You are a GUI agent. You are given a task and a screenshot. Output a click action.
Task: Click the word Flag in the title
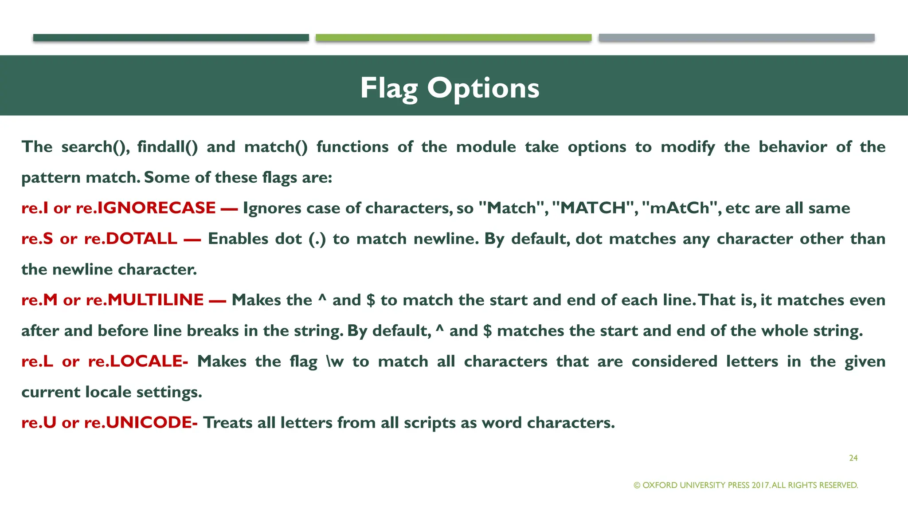[388, 88]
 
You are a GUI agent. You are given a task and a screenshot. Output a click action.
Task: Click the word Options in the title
[483, 88]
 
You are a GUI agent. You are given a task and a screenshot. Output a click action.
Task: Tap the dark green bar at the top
[171, 38]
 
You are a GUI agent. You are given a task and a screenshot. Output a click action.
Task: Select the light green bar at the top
[453, 38]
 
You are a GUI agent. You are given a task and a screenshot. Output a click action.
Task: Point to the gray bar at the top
[736, 38]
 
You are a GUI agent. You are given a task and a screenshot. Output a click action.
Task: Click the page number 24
[853, 458]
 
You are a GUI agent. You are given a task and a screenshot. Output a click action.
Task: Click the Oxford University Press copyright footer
[746, 485]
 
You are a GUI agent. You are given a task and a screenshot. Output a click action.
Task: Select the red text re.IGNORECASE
[145, 208]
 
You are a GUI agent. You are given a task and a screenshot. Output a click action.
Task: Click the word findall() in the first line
[167, 147]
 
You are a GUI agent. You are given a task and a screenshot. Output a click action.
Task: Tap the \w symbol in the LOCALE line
[335, 361]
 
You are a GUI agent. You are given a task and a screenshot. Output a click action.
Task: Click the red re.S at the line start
[37, 239]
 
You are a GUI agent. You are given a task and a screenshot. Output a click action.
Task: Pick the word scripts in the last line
[429, 422]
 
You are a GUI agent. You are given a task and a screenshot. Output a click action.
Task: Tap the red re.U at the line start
[39, 422]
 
